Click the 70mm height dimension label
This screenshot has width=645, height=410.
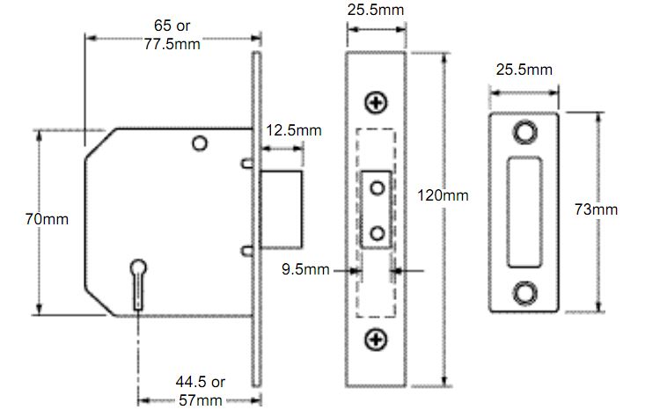[47, 219]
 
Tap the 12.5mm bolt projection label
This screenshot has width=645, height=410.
[294, 130]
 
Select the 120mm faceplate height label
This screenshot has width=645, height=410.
[443, 194]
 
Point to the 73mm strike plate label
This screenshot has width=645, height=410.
[596, 209]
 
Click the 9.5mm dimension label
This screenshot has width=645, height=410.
[305, 269]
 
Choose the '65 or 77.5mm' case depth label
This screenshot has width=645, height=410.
[172, 34]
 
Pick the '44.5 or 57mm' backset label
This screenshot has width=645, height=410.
[201, 391]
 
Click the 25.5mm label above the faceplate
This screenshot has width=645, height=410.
[376, 10]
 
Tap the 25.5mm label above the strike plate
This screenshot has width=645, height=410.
[524, 70]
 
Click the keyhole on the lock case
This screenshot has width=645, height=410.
[138, 284]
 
